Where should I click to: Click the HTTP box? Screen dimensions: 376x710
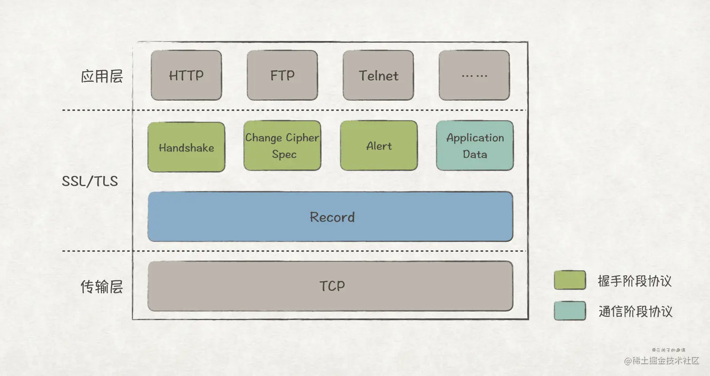[x=186, y=75]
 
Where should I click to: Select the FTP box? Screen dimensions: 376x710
[x=282, y=75]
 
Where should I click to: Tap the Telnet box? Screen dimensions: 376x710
[x=378, y=75]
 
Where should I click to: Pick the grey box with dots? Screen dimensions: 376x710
[x=474, y=75]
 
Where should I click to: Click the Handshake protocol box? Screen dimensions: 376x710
[x=186, y=147]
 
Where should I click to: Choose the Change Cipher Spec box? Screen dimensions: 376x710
[x=282, y=145]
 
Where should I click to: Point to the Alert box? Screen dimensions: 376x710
[x=378, y=145]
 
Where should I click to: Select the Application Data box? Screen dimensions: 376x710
[x=475, y=145]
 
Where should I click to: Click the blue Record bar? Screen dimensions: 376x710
[x=330, y=217]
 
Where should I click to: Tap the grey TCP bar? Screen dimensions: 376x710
[x=330, y=286]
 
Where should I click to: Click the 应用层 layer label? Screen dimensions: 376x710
[x=102, y=76]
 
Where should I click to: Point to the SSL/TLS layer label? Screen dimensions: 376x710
[x=90, y=181]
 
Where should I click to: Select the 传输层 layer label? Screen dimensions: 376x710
[x=102, y=287]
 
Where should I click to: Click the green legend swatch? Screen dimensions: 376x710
[x=570, y=280]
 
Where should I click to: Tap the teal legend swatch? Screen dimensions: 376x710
[x=570, y=311]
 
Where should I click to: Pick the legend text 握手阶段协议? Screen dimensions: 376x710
[x=634, y=281]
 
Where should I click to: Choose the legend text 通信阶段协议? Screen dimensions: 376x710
[x=635, y=311]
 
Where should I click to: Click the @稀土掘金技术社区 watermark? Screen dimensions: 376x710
[x=662, y=361]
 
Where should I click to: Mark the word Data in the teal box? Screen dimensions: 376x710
[x=475, y=154]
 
